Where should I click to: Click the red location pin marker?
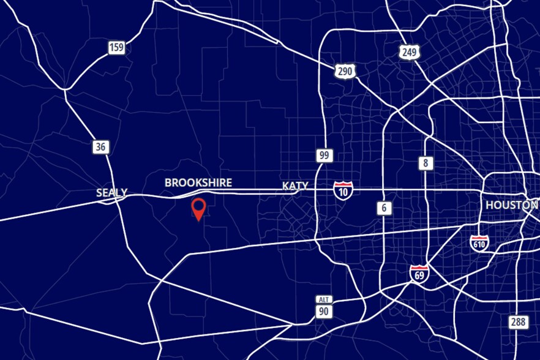[x=198, y=208]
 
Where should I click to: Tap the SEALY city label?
[x=112, y=193]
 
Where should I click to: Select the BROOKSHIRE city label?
[x=198, y=182]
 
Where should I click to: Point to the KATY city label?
[x=295, y=186]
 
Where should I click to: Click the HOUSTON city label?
[x=512, y=205]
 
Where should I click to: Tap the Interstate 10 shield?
[x=343, y=189]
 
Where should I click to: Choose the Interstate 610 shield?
[x=479, y=242]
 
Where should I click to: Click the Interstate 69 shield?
[x=419, y=274]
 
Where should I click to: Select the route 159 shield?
[x=116, y=48]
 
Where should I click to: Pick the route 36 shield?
[x=101, y=147]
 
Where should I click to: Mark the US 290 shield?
[x=345, y=71]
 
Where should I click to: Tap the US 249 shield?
[x=409, y=52]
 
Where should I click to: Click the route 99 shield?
[x=324, y=155]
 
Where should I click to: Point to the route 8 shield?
[x=426, y=163]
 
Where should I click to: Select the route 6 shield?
[x=384, y=208]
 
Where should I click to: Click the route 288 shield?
[x=519, y=322]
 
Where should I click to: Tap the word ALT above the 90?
[x=324, y=299]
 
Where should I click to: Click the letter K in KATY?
[x=285, y=186]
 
